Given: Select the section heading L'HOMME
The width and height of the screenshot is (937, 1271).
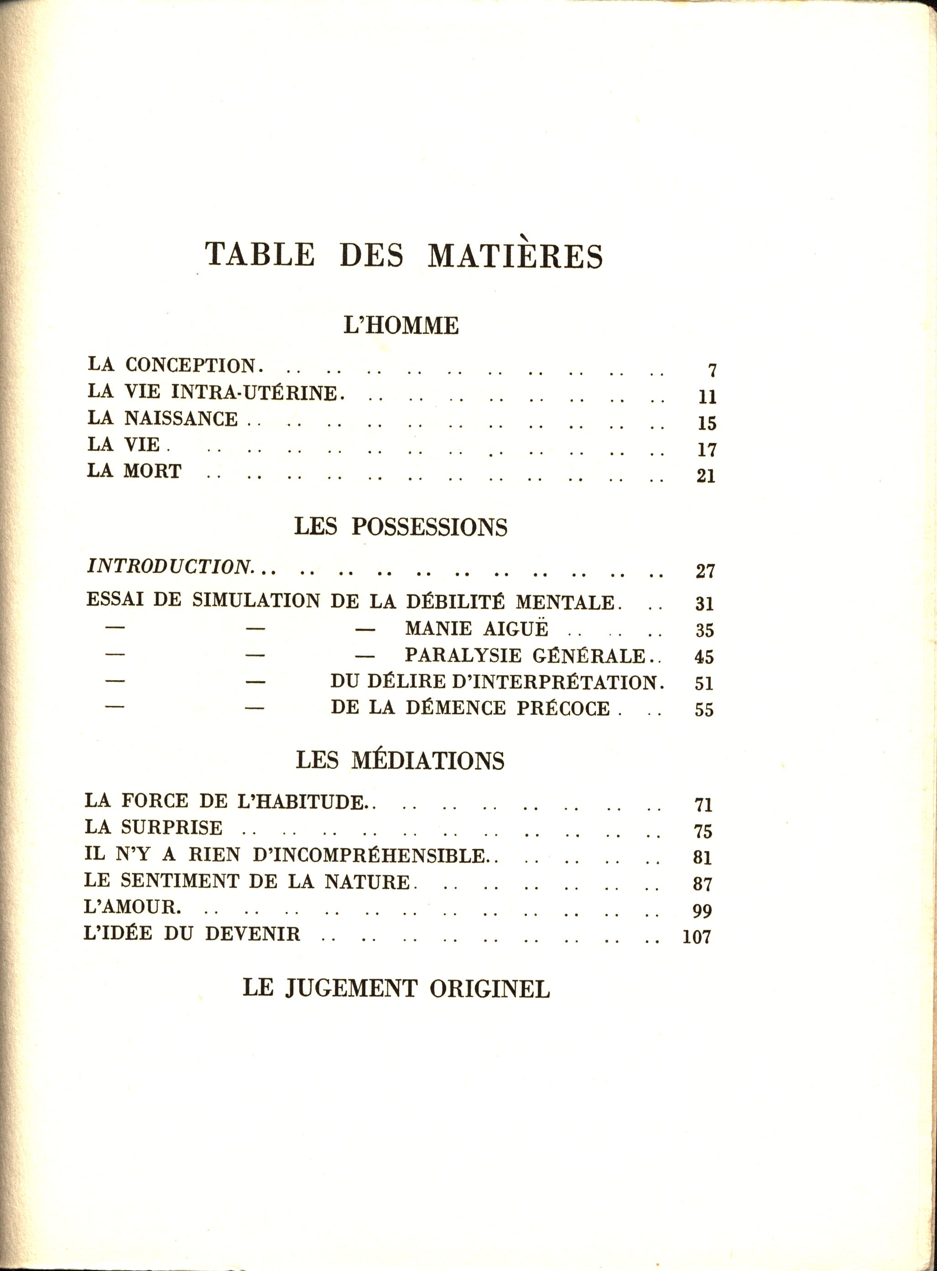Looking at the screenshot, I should [x=401, y=326].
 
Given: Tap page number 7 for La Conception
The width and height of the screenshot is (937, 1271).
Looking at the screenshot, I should [x=712, y=371].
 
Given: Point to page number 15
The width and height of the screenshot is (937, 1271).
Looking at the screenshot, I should [x=707, y=424].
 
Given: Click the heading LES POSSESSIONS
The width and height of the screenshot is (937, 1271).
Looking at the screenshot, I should [x=401, y=527].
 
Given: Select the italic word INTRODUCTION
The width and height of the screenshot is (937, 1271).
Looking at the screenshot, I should [x=168, y=567].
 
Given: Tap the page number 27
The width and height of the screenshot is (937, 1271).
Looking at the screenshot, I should [x=705, y=571].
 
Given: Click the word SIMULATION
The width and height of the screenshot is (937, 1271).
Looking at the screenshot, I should [x=256, y=601].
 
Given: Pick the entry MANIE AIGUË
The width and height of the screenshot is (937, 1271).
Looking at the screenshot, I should [x=476, y=629].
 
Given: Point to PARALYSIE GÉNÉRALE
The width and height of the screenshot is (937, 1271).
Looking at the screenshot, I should [x=525, y=655].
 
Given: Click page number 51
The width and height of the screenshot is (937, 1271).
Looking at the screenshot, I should [x=704, y=683].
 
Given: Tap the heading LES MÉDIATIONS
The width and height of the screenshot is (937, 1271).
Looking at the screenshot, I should [x=400, y=760].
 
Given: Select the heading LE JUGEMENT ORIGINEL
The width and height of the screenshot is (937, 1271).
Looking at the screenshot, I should [x=396, y=989].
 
